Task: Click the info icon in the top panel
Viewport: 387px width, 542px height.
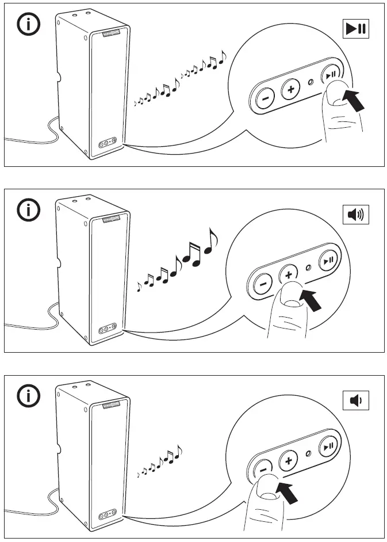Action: click(x=29, y=25)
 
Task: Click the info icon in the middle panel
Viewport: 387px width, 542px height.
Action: click(x=29, y=211)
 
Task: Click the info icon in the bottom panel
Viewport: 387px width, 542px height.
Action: click(x=29, y=396)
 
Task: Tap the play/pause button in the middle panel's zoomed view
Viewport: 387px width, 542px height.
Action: click(x=328, y=261)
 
